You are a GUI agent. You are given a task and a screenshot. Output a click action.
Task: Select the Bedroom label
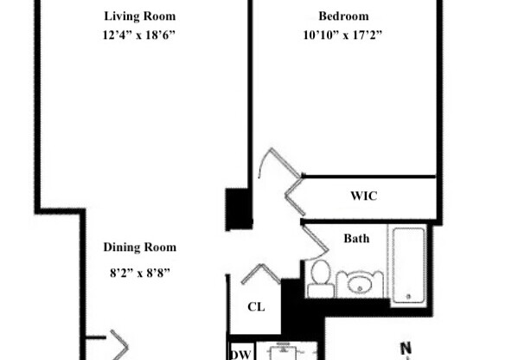(x=343, y=16)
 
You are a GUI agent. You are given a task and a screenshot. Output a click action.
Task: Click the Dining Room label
(x=140, y=247)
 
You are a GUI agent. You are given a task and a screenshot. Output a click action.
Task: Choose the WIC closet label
(x=363, y=196)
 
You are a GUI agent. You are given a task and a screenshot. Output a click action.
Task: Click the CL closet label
(x=255, y=307)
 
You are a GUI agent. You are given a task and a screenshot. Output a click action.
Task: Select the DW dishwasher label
(x=240, y=353)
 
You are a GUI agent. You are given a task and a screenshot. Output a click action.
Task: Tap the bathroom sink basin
(x=360, y=282)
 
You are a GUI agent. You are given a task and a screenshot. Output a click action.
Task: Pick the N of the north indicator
(x=405, y=350)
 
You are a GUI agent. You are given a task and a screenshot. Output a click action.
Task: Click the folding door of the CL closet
(x=259, y=276)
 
